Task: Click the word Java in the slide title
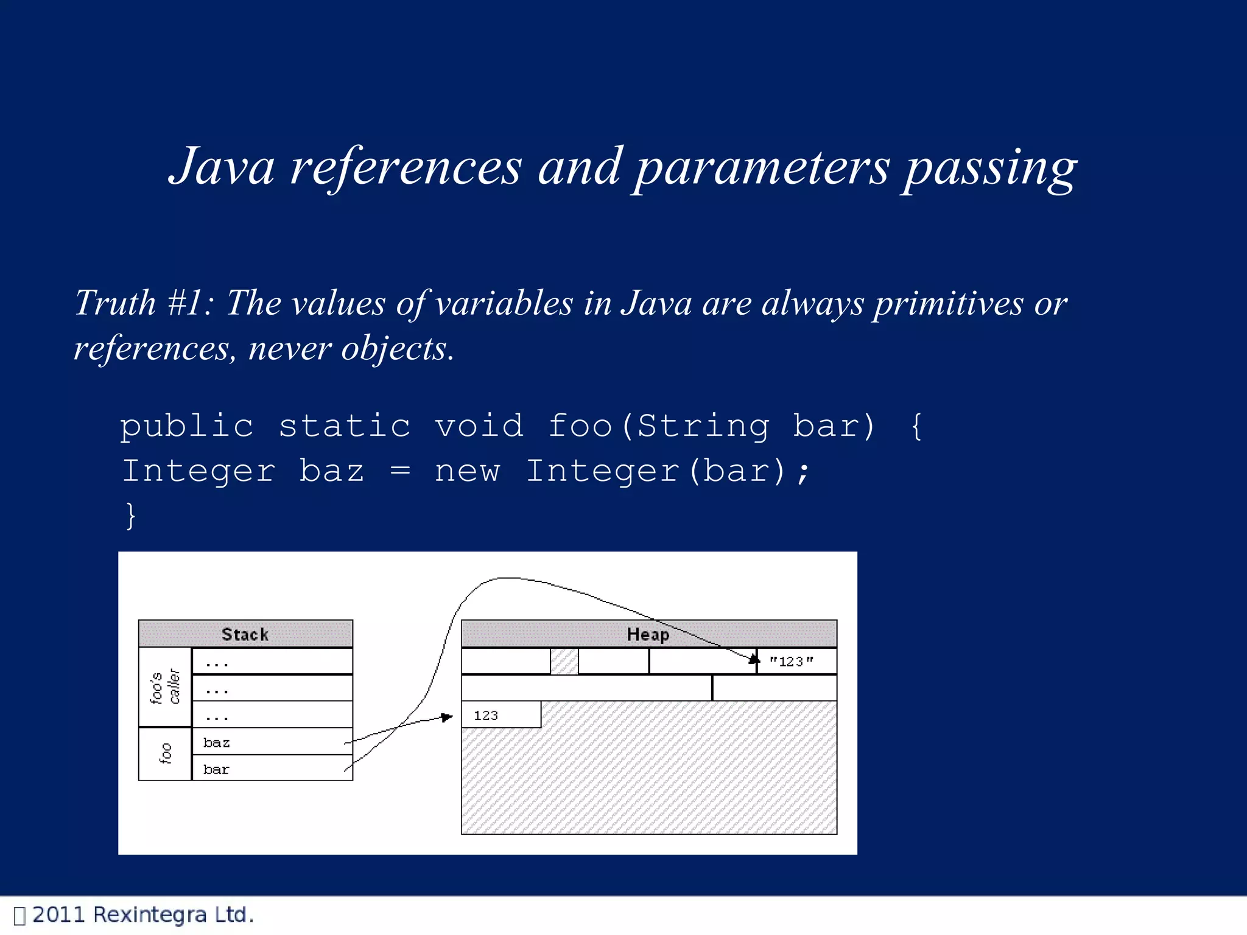(x=222, y=167)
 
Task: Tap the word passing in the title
(x=990, y=168)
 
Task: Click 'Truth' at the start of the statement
(x=116, y=303)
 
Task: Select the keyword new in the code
(x=467, y=471)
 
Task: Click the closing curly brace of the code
(x=130, y=516)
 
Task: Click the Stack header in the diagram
(x=245, y=634)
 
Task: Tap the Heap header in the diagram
(x=648, y=634)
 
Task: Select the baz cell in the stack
(x=272, y=742)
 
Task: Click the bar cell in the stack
(x=272, y=769)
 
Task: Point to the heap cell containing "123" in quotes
(x=796, y=661)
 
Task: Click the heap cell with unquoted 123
(x=501, y=715)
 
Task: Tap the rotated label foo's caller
(x=165, y=687)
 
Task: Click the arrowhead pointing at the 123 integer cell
(x=448, y=717)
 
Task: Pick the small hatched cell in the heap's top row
(x=564, y=661)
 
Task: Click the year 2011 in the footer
(x=58, y=915)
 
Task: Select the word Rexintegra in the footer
(x=150, y=915)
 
